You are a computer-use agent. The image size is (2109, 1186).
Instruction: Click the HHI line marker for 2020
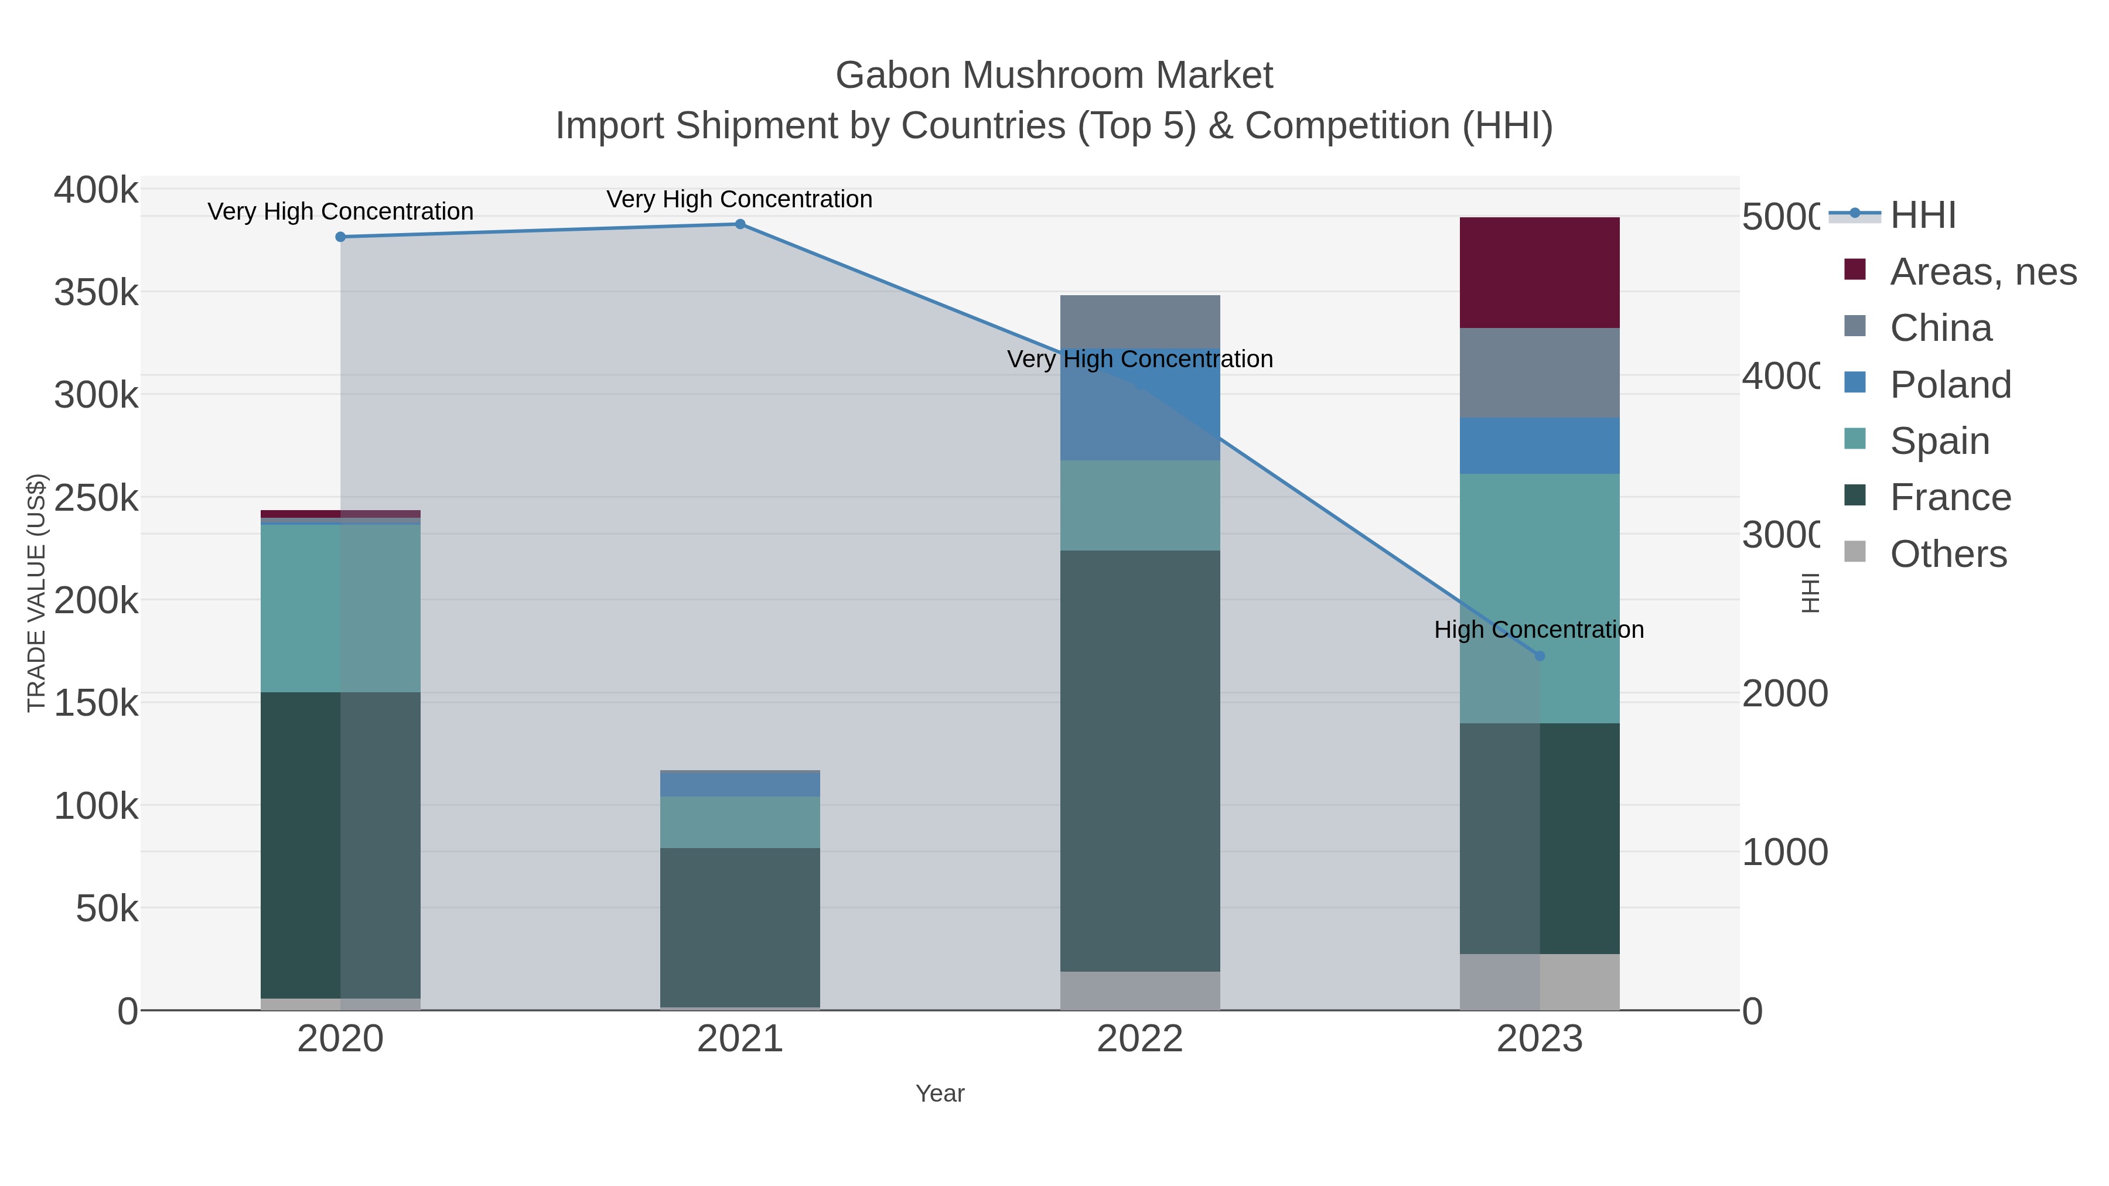tap(340, 237)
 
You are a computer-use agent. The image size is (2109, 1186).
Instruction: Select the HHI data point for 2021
tap(740, 224)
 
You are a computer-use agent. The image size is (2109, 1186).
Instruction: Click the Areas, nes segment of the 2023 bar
tap(1539, 272)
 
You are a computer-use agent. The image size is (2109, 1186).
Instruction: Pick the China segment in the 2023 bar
tap(1539, 372)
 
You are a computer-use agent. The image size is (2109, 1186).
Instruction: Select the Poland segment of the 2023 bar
tap(1539, 446)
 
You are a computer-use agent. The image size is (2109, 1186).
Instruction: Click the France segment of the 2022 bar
tap(1139, 761)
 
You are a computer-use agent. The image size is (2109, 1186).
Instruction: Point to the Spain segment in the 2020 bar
tap(340, 608)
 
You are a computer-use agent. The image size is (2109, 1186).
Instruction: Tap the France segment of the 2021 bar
tap(740, 927)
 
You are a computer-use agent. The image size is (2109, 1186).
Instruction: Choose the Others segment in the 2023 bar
tap(1539, 982)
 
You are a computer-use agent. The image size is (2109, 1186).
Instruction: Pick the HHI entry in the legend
tap(1922, 216)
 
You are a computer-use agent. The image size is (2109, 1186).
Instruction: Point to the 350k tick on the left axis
tap(97, 292)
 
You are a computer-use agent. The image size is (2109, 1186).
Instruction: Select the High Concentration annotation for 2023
tap(1539, 630)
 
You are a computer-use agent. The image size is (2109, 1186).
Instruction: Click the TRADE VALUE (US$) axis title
tap(37, 593)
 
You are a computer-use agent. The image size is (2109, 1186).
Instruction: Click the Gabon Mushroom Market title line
tap(1054, 76)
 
